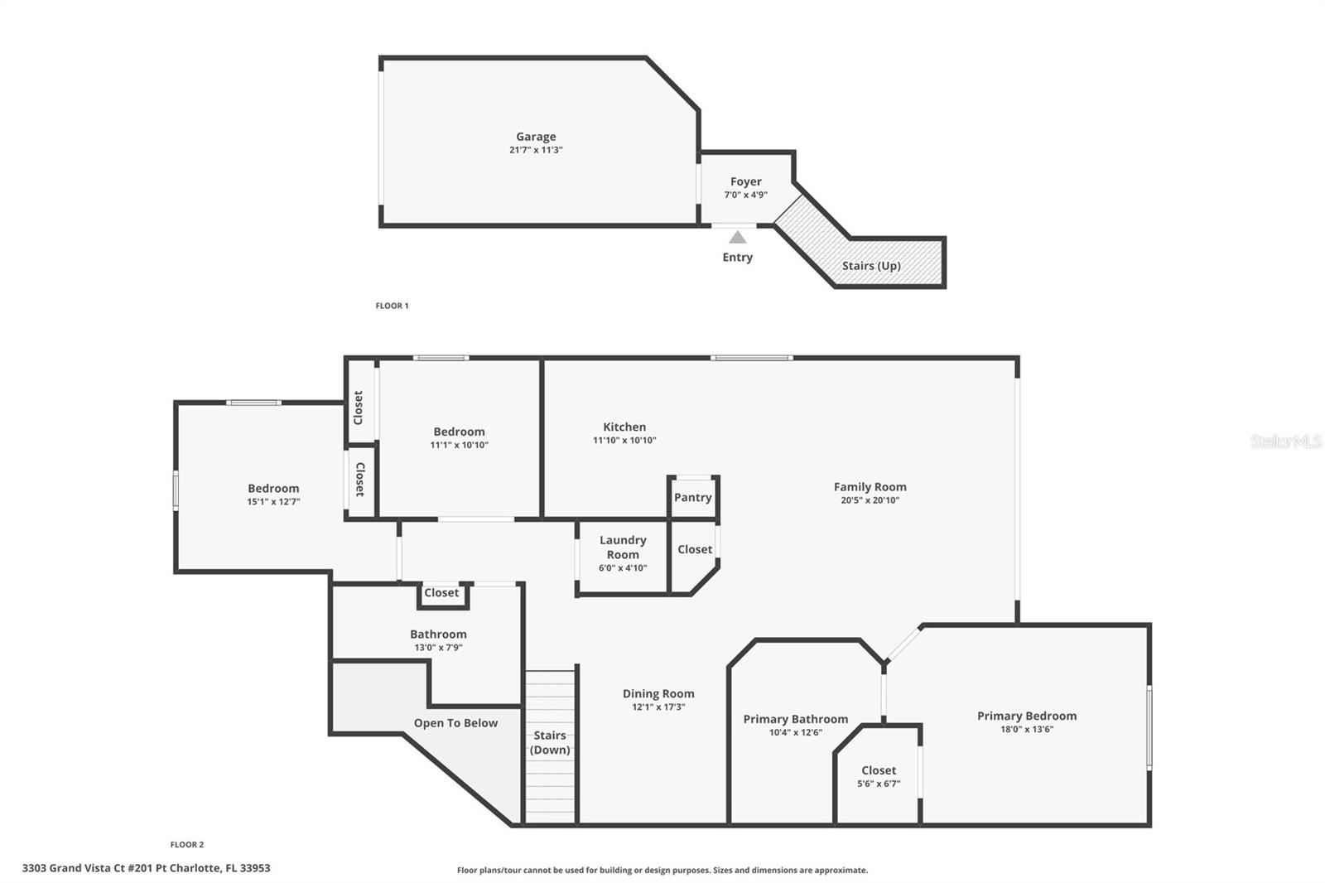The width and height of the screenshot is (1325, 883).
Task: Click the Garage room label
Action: coord(536,137)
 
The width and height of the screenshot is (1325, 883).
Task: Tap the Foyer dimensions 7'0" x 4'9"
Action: coord(745,195)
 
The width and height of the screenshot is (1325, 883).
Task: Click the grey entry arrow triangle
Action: coord(737,238)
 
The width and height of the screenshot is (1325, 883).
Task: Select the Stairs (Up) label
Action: coord(871,266)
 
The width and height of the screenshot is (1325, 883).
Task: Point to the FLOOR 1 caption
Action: coord(392,306)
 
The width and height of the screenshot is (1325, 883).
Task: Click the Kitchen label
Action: coord(624,427)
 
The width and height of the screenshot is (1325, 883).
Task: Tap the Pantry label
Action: coord(692,497)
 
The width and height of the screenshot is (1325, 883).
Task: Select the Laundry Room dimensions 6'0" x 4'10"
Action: coord(623,568)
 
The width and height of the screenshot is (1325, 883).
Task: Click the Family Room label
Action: coord(870,487)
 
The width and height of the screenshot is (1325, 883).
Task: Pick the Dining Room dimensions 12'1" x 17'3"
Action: coord(658,707)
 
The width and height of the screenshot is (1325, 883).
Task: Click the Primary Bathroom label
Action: coord(795,719)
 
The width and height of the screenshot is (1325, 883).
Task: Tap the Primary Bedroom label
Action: coord(1027,716)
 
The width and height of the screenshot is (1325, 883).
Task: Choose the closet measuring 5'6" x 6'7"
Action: coord(878,776)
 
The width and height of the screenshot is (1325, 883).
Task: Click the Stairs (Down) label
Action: coord(550,742)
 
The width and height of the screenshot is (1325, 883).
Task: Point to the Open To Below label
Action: coord(455,723)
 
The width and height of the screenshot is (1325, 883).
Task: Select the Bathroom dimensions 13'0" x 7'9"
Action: coord(438,648)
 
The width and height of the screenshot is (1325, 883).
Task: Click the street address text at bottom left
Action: coord(146,868)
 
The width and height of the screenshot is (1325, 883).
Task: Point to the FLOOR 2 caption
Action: coord(186,845)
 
